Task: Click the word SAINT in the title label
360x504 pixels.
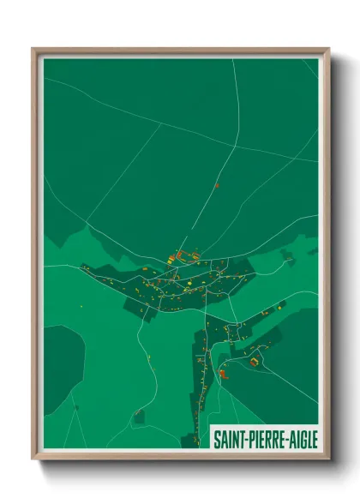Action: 231,438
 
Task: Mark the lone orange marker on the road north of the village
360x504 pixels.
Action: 217,184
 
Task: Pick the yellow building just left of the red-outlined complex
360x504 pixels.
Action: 171,256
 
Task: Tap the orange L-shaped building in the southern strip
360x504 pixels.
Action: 224,373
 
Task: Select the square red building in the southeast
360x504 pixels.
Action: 254,362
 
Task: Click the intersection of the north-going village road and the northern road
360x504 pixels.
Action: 234,147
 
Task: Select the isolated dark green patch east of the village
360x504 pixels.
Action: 287,255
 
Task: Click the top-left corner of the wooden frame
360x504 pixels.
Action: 33,49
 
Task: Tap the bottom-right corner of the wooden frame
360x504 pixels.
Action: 329,459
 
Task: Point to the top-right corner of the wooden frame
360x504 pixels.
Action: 329,49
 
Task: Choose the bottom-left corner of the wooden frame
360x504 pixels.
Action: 33,459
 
